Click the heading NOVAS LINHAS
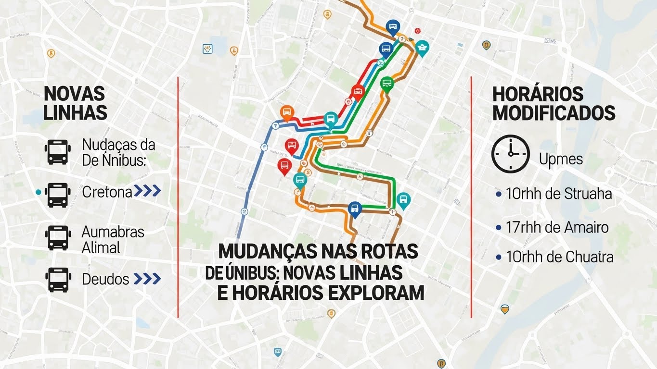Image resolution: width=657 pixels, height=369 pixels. coord(75,103)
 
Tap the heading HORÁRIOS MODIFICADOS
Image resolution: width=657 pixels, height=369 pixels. coord(554,104)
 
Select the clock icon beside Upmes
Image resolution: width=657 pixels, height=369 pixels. coord(510,154)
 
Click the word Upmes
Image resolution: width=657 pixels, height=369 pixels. coord(561,159)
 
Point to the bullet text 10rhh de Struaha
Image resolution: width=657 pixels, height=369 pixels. coord(559,194)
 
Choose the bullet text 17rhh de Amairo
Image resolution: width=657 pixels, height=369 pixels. coord(557,227)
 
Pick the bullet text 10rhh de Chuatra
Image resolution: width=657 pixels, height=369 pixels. coord(559,257)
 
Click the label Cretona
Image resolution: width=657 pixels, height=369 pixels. coord(107,192)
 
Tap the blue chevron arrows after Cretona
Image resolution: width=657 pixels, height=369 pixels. coord(147,191)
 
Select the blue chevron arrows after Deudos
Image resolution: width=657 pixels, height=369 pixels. coord(147,279)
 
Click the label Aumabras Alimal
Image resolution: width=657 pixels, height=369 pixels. coord(113,240)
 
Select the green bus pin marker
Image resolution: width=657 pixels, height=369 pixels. coord(387,84)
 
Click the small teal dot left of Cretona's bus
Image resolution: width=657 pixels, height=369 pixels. coord(38,192)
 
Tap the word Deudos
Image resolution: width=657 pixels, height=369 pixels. coord(105,279)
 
